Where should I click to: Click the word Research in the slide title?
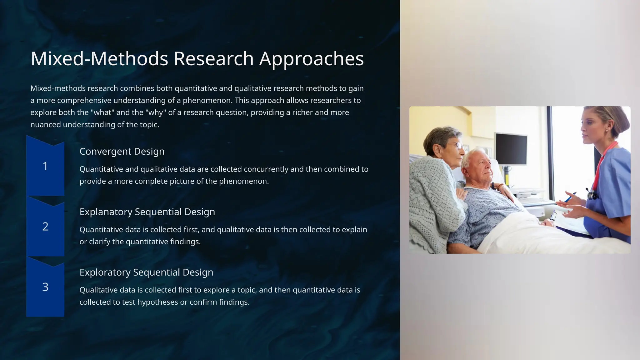click(x=213, y=59)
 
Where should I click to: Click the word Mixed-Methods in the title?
click(x=99, y=59)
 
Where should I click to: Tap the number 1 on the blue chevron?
click(x=45, y=166)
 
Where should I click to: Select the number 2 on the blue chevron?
click(x=45, y=227)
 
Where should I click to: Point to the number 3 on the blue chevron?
click(x=45, y=287)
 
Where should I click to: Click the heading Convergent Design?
click(x=122, y=152)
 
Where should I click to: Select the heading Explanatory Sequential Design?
click(x=147, y=212)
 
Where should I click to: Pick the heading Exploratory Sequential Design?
click(x=146, y=272)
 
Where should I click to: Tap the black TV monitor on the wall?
click(x=511, y=149)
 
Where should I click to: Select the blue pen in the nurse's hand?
click(x=571, y=197)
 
